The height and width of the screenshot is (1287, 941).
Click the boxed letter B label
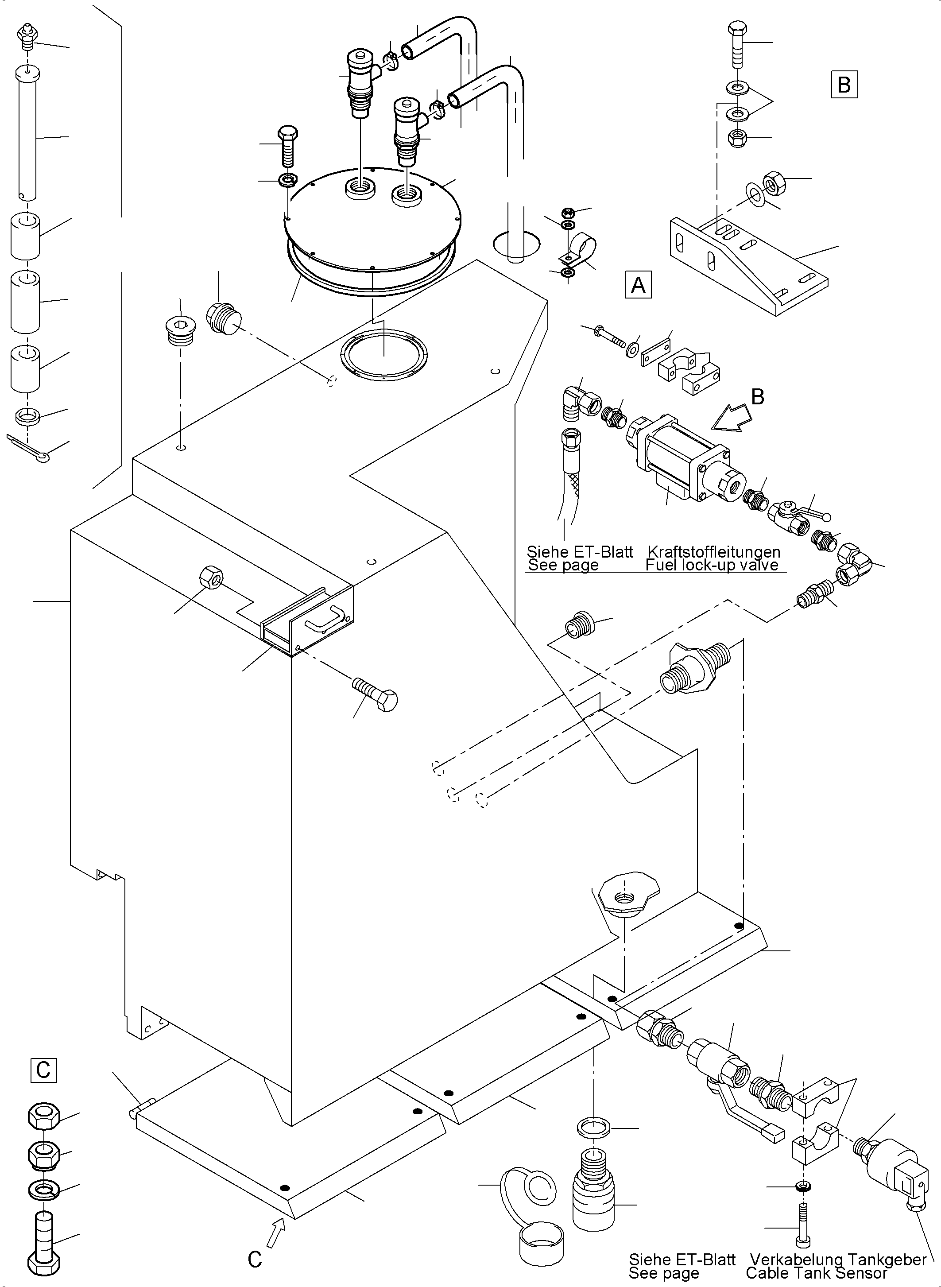(844, 84)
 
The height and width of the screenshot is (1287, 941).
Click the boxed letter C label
(43, 1070)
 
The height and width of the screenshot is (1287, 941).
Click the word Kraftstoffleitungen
(714, 551)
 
